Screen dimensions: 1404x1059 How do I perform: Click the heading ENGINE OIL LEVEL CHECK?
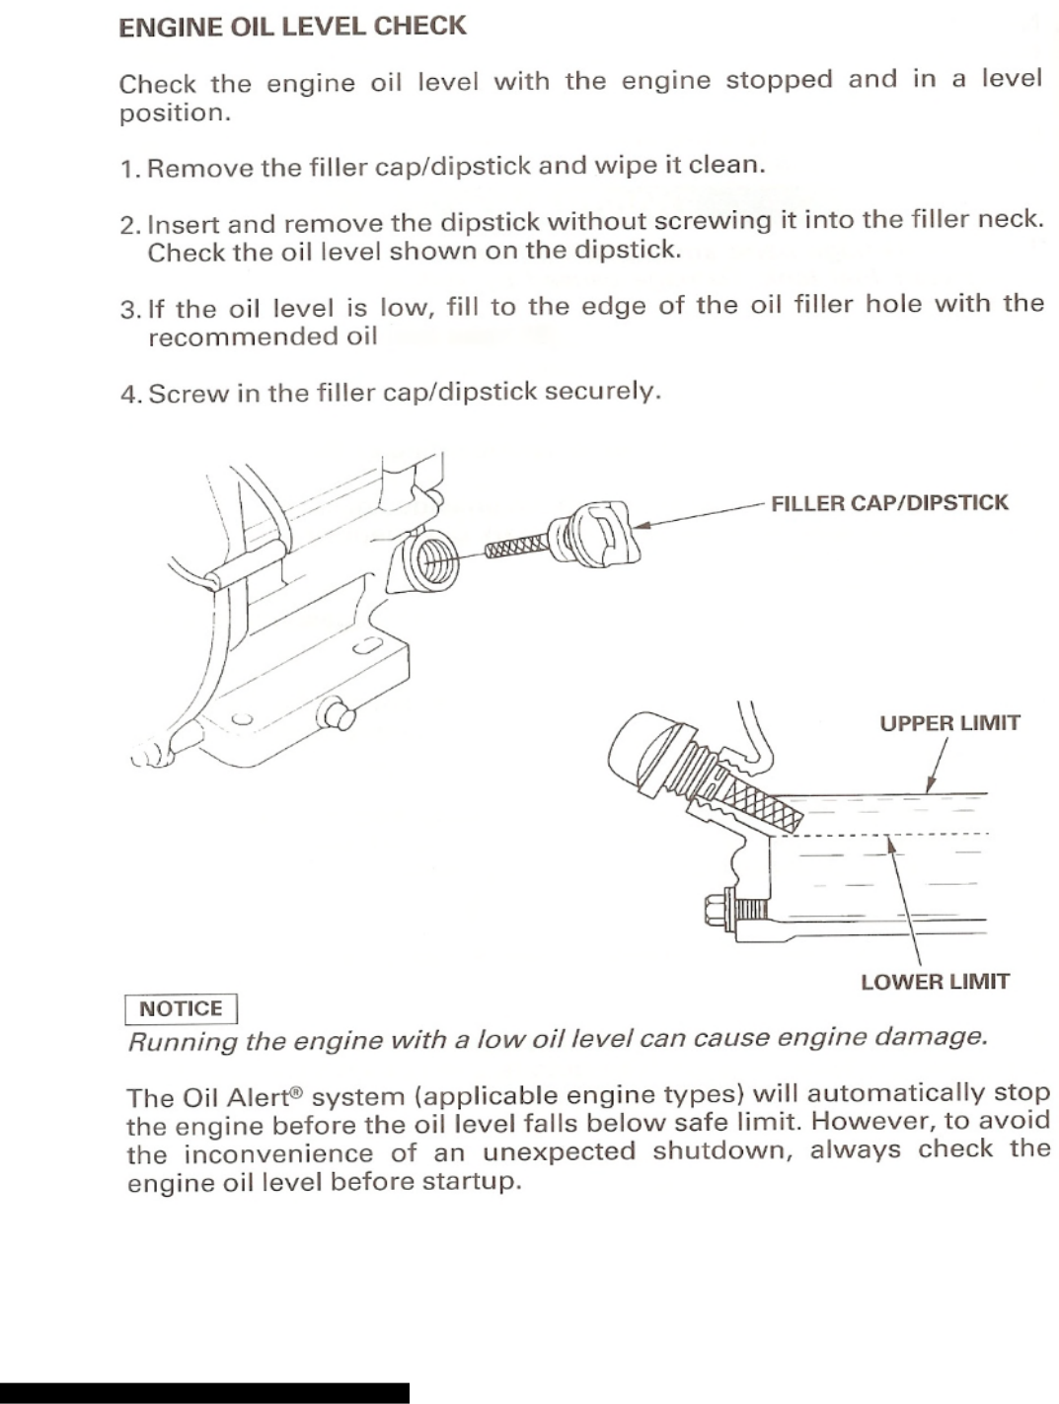292,27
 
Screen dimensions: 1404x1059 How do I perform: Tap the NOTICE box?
181,1008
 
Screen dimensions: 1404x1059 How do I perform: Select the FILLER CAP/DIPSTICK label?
889,503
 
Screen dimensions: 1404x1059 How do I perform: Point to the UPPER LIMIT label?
949,723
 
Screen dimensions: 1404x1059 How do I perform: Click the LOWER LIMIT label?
935,982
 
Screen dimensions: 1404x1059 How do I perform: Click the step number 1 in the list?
127,169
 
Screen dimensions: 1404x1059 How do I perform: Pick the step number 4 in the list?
129,395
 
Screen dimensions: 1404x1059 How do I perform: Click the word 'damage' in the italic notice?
931,1037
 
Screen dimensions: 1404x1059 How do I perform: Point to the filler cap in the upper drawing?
596,534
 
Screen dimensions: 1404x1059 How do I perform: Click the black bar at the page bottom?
204,1392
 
